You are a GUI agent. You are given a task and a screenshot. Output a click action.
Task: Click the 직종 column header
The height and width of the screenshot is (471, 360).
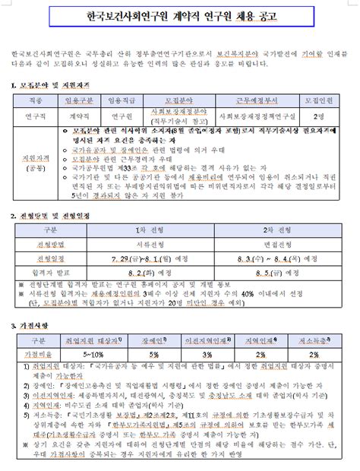[34, 100]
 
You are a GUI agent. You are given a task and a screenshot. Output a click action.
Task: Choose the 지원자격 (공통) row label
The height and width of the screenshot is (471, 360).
[34, 163]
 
